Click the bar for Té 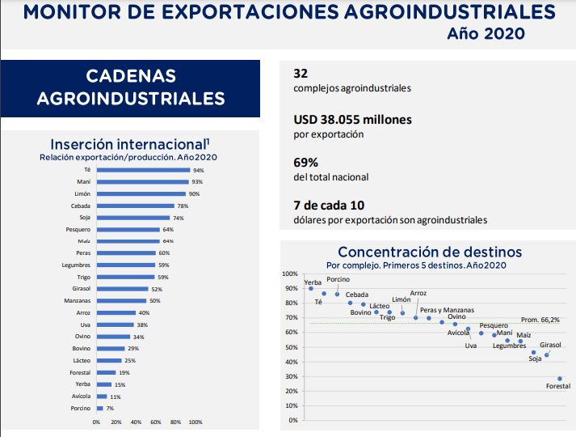pos(143,170)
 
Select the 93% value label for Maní pos(197,182)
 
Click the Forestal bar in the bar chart pos(106,373)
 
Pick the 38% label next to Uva pos(141,325)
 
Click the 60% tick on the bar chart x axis pos(156,422)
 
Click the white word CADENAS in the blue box pos(130,76)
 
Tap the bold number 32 pos(301,73)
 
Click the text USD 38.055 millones pos(352,119)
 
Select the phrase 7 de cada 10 pos(330,205)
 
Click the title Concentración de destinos pos(429,252)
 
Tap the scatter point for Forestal pos(561,378)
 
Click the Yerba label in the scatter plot pos(301,282)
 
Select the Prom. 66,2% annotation pos(540,320)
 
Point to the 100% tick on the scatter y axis pos(290,274)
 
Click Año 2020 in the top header pos(485,33)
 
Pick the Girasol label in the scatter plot pos(550,345)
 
